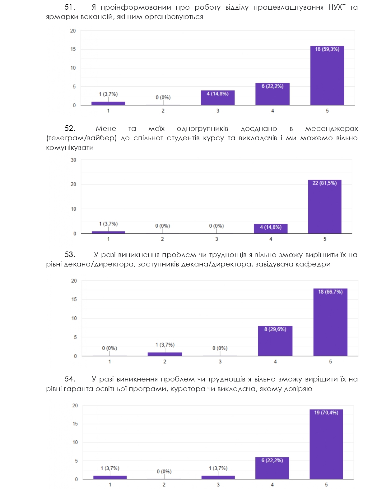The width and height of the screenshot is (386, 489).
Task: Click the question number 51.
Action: [x=70, y=7]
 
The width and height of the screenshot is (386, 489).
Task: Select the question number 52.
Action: [x=70, y=128]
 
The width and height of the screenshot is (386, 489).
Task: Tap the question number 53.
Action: [x=70, y=255]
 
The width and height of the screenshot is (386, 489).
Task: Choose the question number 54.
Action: [x=70, y=379]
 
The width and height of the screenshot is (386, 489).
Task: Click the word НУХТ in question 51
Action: [x=337, y=7]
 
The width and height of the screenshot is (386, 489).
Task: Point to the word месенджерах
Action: [x=331, y=128]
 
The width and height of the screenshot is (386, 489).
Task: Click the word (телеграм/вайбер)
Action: [x=81, y=138]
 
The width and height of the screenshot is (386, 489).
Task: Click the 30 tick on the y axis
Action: [x=73, y=160]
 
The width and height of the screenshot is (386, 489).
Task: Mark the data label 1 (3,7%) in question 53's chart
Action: [x=165, y=345]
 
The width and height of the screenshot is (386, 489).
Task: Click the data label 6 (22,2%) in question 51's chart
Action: [x=272, y=86]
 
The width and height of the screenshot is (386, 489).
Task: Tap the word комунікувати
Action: [x=70, y=148]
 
